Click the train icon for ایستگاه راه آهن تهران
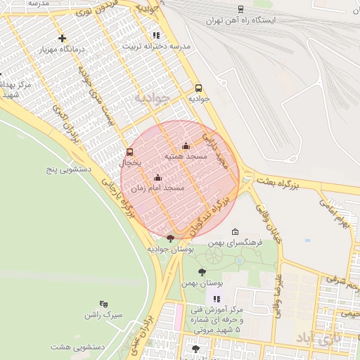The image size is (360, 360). (x=241, y=9)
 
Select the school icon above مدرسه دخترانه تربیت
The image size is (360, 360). (x=156, y=34)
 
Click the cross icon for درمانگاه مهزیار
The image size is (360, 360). (x=63, y=39)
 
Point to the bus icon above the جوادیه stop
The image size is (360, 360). (x=198, y=88)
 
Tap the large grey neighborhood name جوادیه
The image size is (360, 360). (x=153, y=97)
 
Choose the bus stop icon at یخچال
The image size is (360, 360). (x=129, y=152)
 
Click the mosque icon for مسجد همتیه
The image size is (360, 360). (x=186, y=146)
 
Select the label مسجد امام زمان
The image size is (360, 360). (x=158, y=188)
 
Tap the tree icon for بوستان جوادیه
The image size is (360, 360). (x=170, y=238)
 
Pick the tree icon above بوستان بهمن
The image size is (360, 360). (x=202, y=272)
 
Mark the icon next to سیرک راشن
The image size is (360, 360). (x=104, y=304)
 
